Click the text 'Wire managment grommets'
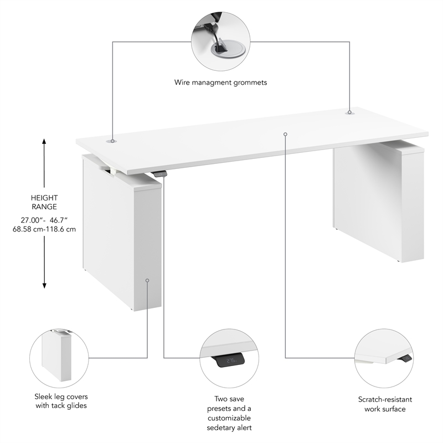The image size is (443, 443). tap(221, 83)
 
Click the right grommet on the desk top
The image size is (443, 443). tap(349, 112)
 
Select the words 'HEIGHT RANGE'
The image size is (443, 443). tap(44, 202)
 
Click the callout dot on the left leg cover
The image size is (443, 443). tap(147, 280)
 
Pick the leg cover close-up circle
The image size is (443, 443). tap(57, 357)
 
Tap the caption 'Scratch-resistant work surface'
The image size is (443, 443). tap(385, 404)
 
